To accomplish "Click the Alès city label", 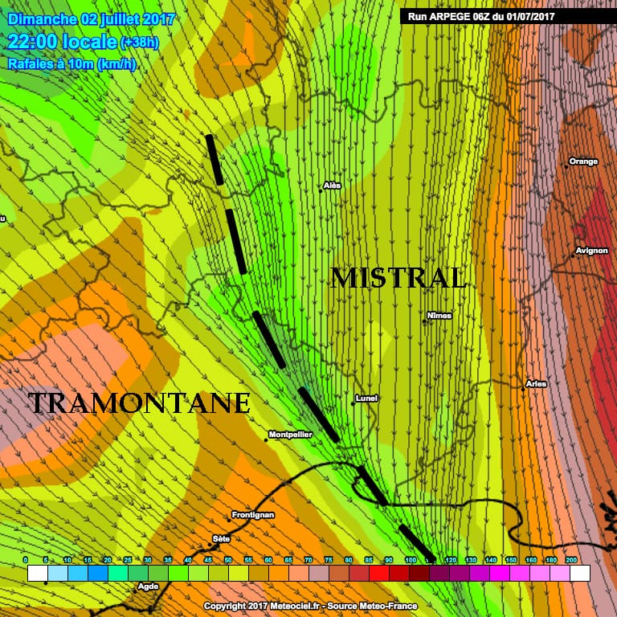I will point(332,186).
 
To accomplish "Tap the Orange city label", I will point(583,161).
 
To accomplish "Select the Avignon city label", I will point(591,251).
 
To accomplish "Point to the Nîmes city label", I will point(439,316).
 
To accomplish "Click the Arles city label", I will point(536,384).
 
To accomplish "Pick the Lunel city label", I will point(366,398).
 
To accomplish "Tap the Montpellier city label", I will point(289,435).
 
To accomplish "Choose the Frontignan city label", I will point(252,514).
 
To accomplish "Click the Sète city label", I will point(221,538).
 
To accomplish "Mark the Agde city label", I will point(148,586).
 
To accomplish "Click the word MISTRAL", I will point(398,278).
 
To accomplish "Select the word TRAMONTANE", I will point(139,402).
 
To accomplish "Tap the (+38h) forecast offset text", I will point(140,43).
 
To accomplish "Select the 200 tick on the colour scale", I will point(571,559).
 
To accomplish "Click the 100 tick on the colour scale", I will point(410,559).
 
